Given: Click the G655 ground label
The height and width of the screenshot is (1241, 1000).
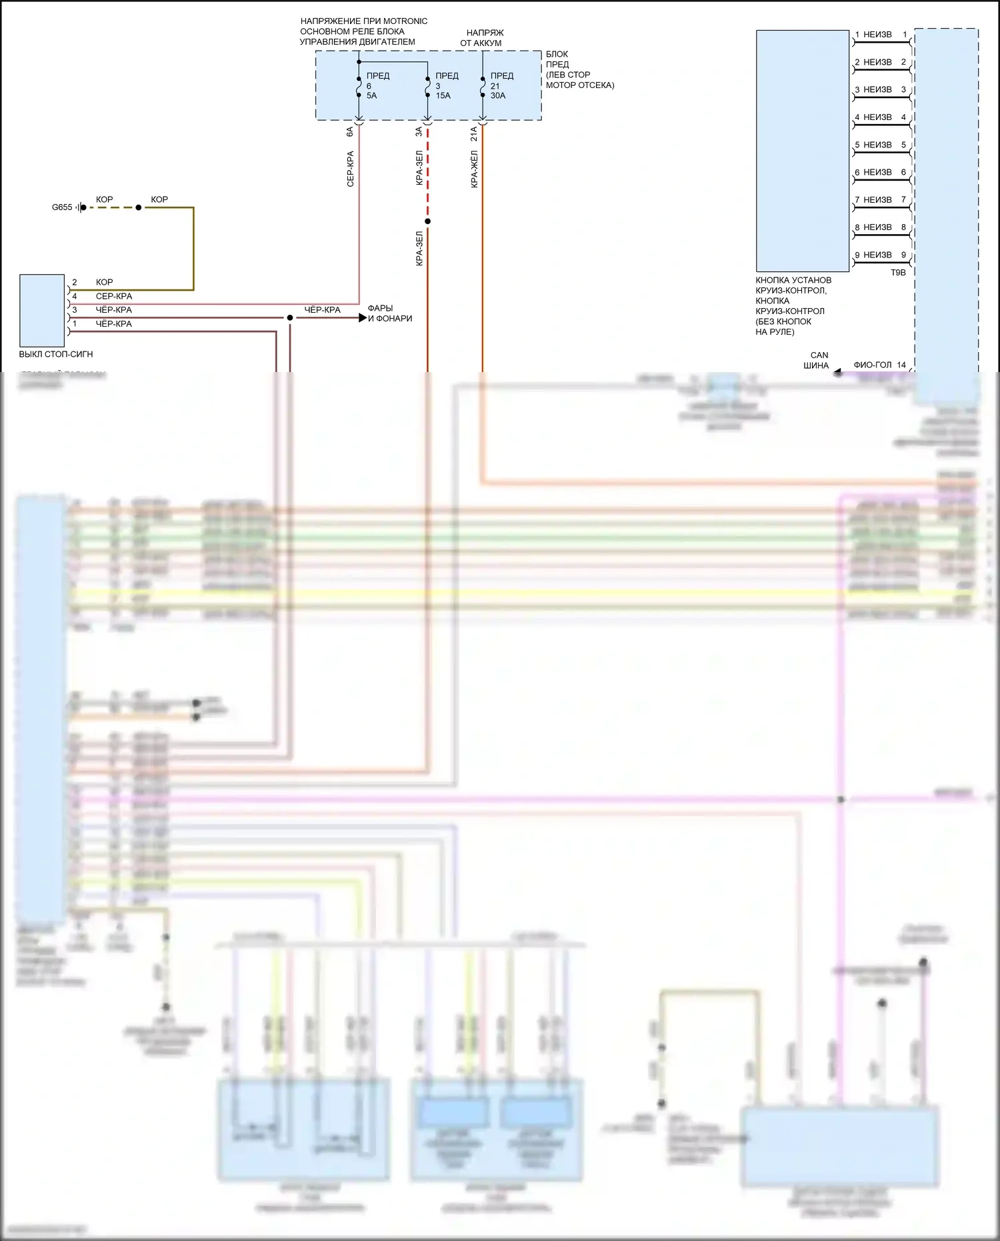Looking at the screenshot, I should [x=62, y=207].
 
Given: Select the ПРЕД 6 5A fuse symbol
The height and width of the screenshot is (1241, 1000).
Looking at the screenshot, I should [x=359, y=85].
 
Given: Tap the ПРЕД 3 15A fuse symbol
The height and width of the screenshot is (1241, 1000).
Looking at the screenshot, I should [x=427, y=85].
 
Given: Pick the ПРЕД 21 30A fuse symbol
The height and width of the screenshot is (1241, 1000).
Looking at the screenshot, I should [x=482, y=85].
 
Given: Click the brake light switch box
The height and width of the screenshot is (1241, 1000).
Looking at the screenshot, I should [x=42, y=310].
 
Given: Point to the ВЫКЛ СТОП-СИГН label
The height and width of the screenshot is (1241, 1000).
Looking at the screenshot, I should [x=56, y=354].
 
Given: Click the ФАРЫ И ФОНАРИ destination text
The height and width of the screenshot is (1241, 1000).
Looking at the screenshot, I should [x=389, y=313].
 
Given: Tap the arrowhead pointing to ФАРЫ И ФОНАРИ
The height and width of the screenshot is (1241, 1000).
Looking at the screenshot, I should [x=363, y=318].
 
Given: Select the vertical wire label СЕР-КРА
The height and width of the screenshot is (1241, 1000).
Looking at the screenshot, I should [x=350, y=169].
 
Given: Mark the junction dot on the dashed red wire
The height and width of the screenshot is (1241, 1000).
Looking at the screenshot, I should [x=427, y=221].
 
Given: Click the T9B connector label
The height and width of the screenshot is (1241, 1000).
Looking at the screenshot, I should [x=898, y=272].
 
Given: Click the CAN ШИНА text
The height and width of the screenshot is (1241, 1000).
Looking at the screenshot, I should [x=817, y=360].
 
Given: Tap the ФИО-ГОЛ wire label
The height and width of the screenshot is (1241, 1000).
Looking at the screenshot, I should [x=872, y=365].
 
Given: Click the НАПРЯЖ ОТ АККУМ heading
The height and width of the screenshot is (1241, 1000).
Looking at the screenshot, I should [x=481, y=37].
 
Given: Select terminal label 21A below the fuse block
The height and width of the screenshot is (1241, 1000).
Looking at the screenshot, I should [x=474, y=134].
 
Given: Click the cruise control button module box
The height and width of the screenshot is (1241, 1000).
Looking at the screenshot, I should [x=802, y=151].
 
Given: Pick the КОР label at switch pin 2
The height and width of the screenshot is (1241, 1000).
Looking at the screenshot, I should [x=104, y=282].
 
